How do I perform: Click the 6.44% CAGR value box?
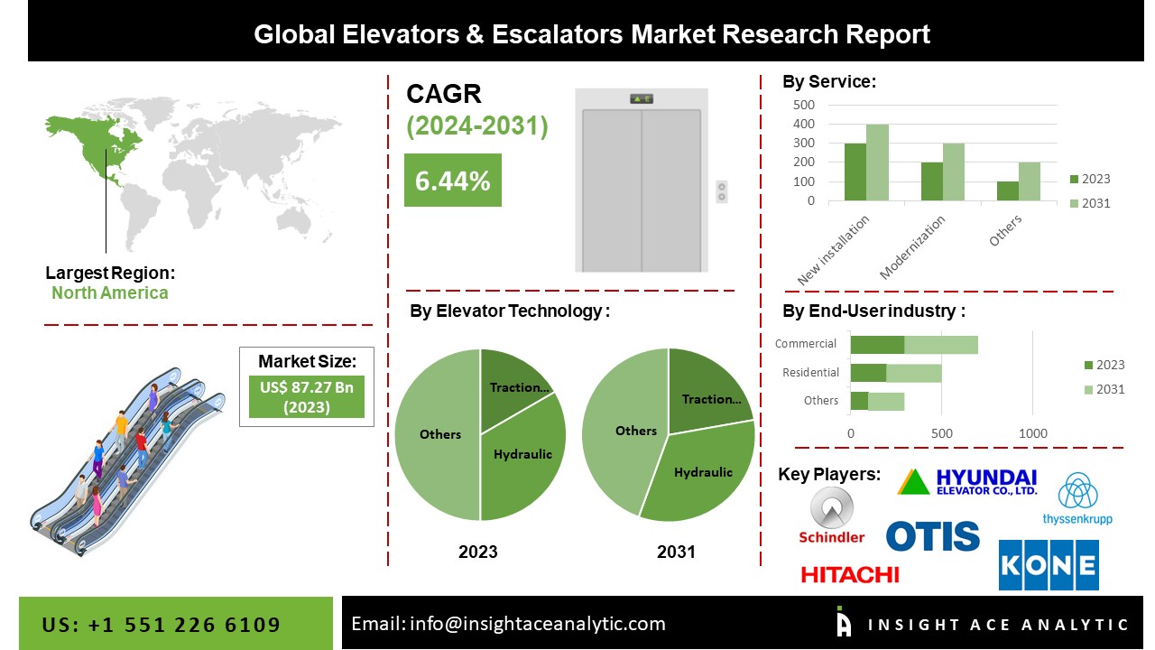click(x=452, y=181)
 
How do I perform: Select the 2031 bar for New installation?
click(x=877, y=162)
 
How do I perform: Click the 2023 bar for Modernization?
click(x=932, y=181)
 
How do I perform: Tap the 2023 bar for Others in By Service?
click(x=1008, y=191)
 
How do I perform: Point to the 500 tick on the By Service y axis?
click(x=805, y=105)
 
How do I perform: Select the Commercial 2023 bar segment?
click(x=877, y=344)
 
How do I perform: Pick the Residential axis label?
click(x=810, y=372)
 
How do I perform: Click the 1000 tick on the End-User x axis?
click(x=1033, y=433)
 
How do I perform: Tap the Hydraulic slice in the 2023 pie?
click(x=523, y=460)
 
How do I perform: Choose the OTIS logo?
click(x=932, y=535)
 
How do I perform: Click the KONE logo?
click(x=1049, y=565)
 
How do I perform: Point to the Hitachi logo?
click(x=849, y=574)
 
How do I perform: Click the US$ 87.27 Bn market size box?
click(x=307, y=397)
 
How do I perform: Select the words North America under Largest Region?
click(x=109, y=292)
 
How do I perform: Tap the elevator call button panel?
click(x=721, y=191)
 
